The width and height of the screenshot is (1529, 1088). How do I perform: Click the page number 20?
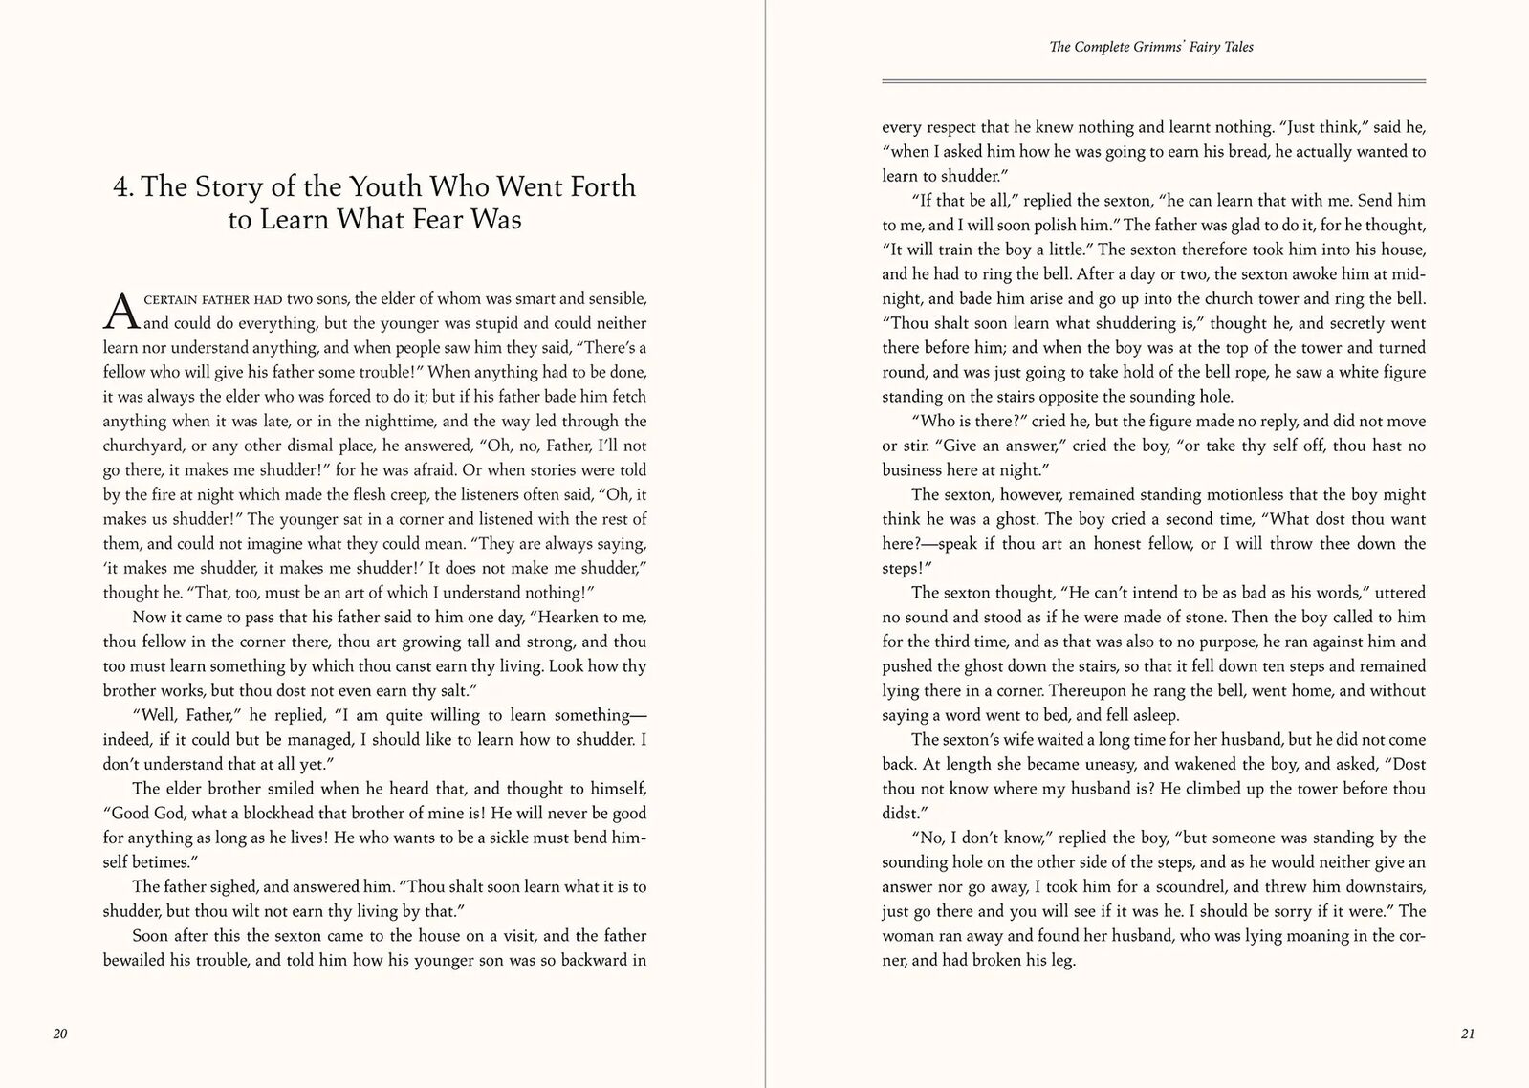59,1034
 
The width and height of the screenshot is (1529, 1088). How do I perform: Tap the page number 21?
1469,1034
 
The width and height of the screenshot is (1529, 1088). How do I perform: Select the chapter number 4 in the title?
120,186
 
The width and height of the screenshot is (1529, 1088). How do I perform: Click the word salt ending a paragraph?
450,690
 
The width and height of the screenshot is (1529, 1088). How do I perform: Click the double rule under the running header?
1153,82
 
